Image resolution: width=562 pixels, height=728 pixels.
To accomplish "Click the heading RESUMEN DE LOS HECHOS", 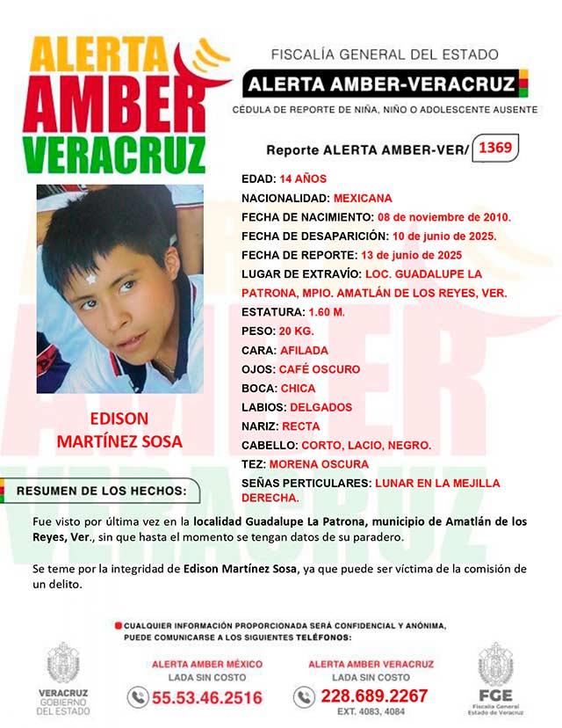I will [x=103, y=490].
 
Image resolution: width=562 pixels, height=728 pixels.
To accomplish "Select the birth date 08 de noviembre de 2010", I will [x=443, y=217].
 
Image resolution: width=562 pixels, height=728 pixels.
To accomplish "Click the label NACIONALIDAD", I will [x=285, y=198].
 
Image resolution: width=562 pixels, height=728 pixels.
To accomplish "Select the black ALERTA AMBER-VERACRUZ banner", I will [x=379, y=85].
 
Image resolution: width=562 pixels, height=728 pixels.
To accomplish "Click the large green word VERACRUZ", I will [x=114, y=156].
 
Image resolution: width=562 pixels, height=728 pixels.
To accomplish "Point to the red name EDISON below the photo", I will [x=119, y=419].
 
